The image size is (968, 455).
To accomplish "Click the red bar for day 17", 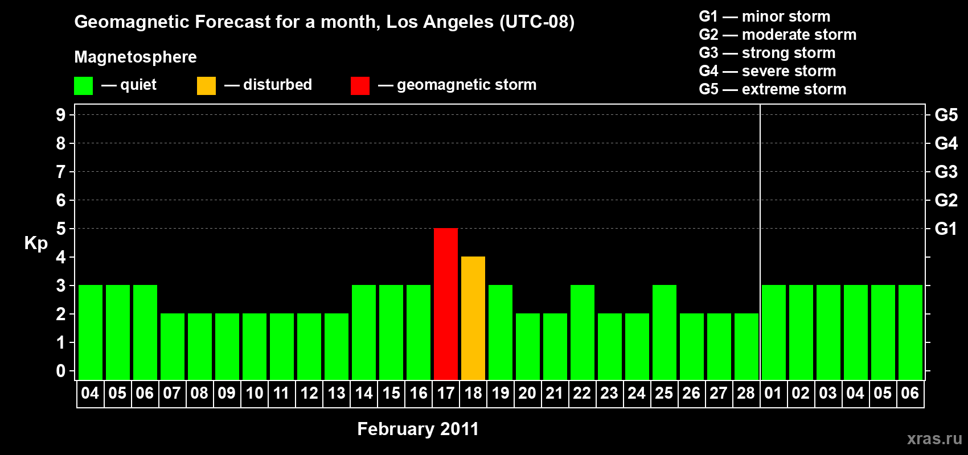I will click(x=446, y=304).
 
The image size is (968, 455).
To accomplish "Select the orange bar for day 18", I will click(x=473, y=318).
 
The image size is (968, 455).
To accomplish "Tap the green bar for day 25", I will click(x=665, y=332).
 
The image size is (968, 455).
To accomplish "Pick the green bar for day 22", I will click(x=583, y=332).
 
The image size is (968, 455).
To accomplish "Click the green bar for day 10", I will click(x=255, y=346).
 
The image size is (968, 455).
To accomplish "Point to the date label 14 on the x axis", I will click(x=364, y=393).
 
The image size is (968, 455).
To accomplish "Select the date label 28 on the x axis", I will click(x=746, y=393).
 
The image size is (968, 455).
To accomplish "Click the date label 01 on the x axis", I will click(x=773, y=393).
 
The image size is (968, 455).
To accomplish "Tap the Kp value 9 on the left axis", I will click(x=61, y=115).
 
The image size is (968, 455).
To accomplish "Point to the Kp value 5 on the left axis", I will click(x=61, y=229).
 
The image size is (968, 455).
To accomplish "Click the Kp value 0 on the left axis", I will click(x=61, y=371).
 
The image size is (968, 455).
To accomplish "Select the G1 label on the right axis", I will click(x=946, y=229).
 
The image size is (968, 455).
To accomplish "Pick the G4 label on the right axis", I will click(x=946, y=143).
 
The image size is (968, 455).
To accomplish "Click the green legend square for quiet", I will click(x=84, y=86).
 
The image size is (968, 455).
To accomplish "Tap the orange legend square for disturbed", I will click(x=207, y=86).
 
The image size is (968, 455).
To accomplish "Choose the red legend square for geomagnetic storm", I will click(x=360, y=86).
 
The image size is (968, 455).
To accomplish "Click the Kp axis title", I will click(x=36, y=243).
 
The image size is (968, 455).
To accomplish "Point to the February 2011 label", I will click(x=418, y=429).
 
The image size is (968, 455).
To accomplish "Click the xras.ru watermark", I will click(x=934, y=439).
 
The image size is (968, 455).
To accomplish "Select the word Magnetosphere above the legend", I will click(x=136, y=57).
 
